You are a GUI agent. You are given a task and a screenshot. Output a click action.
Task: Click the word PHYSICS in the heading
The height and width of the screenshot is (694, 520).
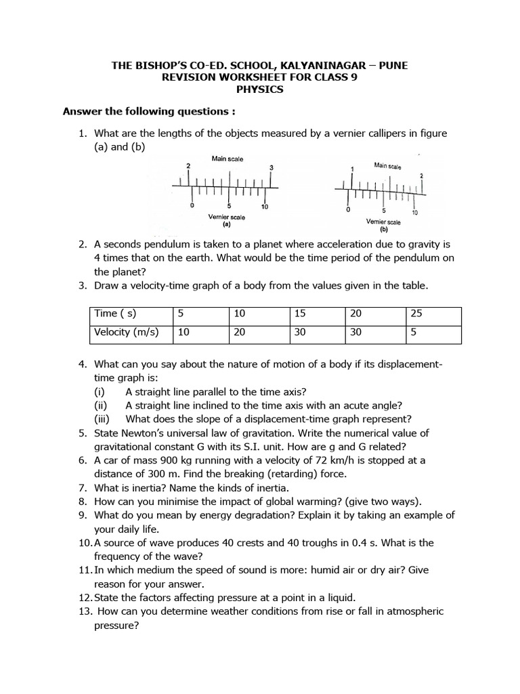tap(260, 89)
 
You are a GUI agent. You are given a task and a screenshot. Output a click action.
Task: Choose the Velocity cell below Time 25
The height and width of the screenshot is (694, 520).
tap(414, 333)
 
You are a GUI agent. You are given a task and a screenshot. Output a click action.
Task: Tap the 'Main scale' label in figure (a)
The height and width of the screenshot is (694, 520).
tap(227, 159)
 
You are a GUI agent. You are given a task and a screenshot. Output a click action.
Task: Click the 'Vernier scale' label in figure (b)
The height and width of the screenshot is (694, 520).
tap(383, 222)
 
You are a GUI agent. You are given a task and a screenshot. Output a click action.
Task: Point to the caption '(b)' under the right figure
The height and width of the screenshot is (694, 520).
tap(383, 229)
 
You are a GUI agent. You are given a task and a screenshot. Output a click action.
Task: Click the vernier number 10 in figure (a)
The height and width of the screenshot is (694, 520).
tap(264, 207)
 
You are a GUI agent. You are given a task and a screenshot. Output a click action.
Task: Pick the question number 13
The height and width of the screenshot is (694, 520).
tap(86, 611)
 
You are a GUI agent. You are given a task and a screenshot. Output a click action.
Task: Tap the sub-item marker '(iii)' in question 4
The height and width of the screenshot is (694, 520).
tap(103, 419)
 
